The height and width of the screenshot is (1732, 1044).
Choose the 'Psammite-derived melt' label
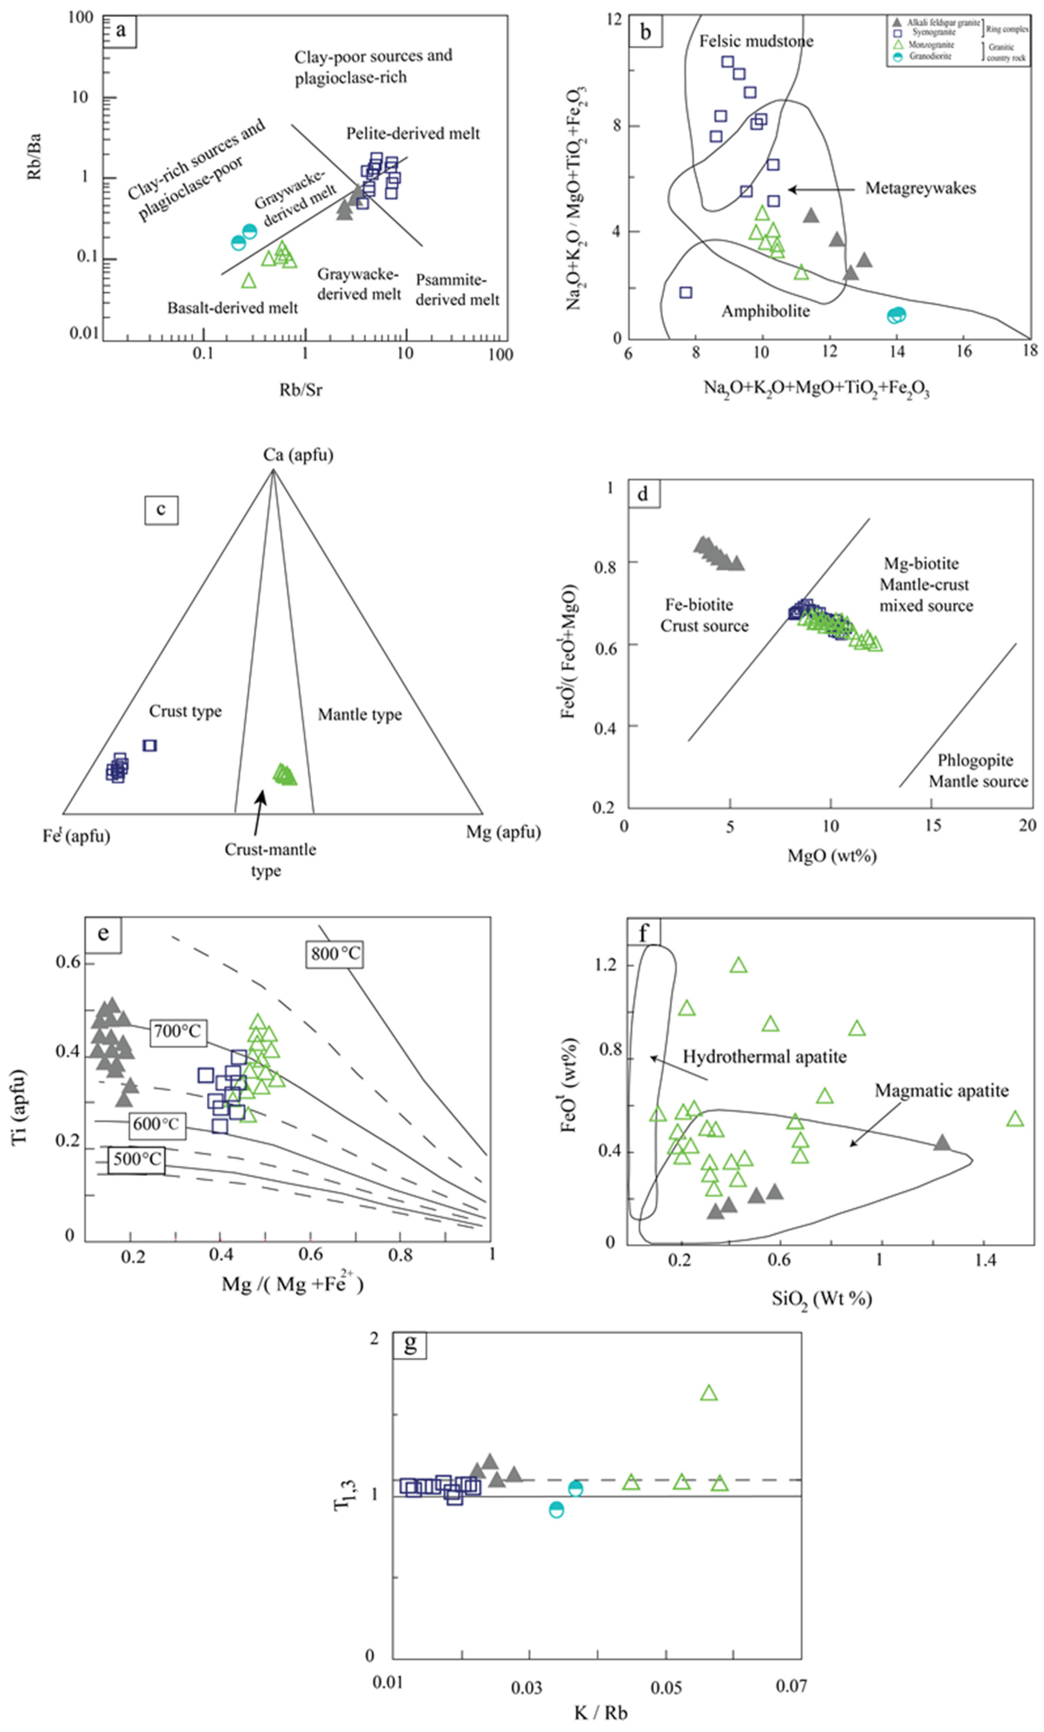(457, 289)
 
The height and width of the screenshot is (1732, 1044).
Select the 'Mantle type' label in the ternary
(360, 715)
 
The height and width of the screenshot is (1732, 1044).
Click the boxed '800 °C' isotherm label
(336, 954)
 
